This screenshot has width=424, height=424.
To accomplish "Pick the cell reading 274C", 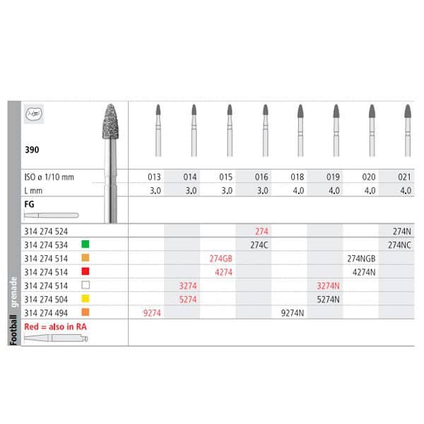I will tap(259, 245).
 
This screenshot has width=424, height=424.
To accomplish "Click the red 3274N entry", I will tap(328, 284).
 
